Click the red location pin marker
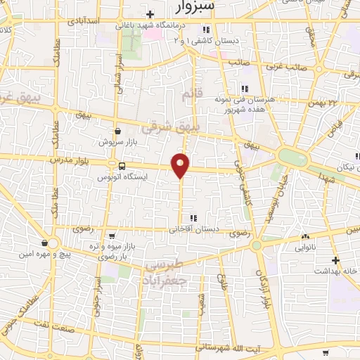[181, 165]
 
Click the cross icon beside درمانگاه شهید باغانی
[150, 14]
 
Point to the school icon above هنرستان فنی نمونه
[244, 89]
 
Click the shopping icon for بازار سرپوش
[117, 131]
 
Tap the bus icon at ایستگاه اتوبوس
[122, 167]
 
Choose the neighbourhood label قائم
[191, 94]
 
